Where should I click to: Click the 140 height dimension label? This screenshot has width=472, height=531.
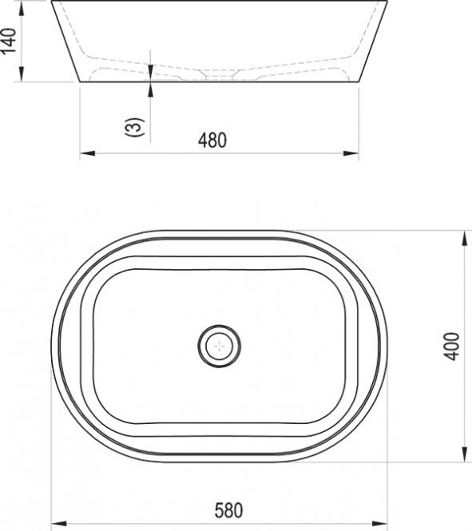point(9,41)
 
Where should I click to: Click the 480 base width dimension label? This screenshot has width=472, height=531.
point(212,141)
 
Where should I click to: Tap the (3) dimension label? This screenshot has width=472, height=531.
point(134,127)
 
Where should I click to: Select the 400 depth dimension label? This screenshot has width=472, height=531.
point(451,346)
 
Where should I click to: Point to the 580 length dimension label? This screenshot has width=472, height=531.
point(228,510)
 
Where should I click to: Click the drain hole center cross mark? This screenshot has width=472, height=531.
point(220,346)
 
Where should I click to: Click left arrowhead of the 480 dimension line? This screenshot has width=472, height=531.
point(87,153)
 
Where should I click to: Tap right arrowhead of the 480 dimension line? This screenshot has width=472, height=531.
point(351,153)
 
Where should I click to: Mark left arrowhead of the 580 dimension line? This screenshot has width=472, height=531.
point(58,524)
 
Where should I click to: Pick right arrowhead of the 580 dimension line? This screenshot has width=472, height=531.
point(379,524)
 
